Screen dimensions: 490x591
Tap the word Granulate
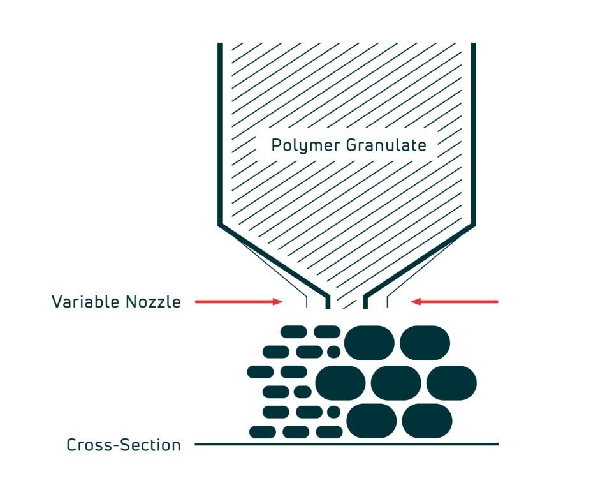point(386,145)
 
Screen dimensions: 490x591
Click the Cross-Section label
point(124,445)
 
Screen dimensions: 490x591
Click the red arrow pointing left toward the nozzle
point(454,302)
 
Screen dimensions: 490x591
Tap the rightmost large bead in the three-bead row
point(451,383)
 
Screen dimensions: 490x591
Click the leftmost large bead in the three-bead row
point(340,383)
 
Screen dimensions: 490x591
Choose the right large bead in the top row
point(425,342)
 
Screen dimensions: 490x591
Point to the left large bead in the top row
point(369,342)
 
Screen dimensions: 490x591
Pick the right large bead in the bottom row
point(427,420)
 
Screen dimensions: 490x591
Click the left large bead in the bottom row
point(372,420)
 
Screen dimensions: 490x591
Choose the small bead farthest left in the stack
point(260,371)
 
